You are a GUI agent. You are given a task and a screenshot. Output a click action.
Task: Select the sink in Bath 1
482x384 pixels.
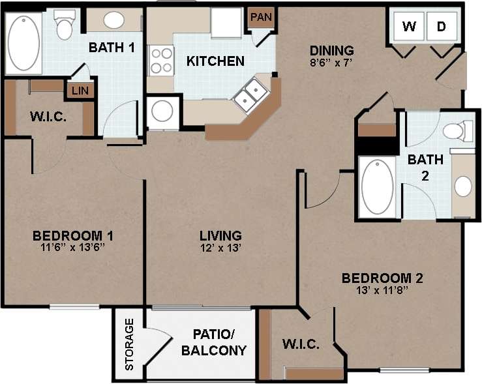[x=114, y=20]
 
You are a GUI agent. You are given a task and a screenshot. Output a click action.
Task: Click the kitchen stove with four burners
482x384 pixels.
[x=160, y=60]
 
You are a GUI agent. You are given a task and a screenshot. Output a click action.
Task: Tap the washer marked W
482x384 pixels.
[x=409, y=27]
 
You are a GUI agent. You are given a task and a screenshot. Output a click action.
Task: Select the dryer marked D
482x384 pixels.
[x=442, y=27]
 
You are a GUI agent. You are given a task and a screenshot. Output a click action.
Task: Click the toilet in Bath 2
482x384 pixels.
[x=460, y=130]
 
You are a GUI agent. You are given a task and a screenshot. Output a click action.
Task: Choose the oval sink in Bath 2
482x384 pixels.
[x=463, y=186]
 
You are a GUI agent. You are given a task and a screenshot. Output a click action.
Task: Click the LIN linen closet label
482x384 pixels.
[x=80, y=90]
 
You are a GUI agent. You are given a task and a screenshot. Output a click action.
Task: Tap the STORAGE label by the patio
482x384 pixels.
[x=128, y=344]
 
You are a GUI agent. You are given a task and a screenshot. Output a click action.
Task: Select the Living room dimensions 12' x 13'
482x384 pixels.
[x=221, y=248]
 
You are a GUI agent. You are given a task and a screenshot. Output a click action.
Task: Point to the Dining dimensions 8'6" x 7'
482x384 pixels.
[x=331, y=64]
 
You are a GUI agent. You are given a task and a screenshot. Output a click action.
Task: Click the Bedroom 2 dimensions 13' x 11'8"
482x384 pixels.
[x=382, y=291]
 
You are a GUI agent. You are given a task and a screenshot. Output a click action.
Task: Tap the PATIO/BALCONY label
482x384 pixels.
[x=214, y=343]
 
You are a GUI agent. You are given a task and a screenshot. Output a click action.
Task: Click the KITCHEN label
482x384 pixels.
[x=215, y=62]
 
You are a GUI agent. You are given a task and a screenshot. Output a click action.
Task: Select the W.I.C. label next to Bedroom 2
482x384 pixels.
[x=301, y=344]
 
